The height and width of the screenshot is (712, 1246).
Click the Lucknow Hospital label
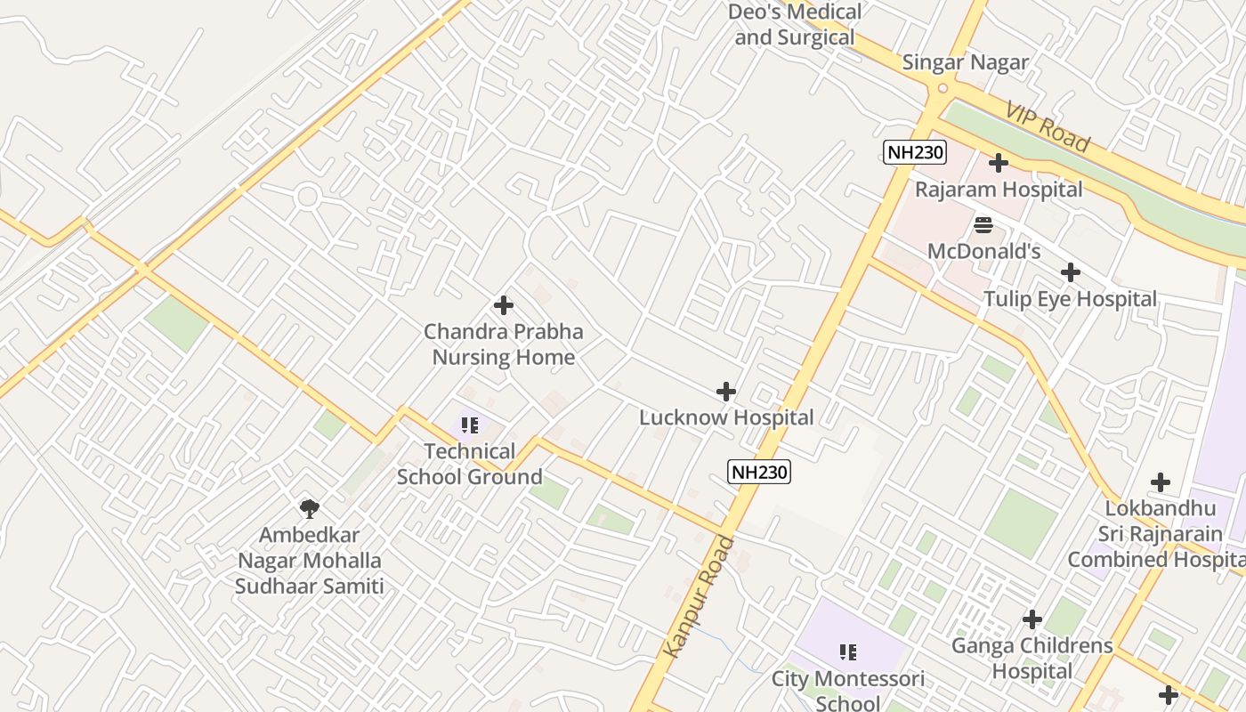pyautogui.click(x=726, y=417)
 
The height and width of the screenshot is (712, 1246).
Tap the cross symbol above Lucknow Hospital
pyautogui.click(x=726, y=391)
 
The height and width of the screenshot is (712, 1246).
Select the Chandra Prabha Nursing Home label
pyautogui.click(x=504, y=344)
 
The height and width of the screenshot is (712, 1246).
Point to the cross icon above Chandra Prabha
pyautogui.click(x=504, y=305)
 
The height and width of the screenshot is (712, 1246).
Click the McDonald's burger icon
pyautogui.click(x=983, y=224)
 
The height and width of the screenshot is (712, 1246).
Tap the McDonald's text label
pyautogui.click(x=983, y=251)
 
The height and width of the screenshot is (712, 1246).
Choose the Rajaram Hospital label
pyautogui.click(x=999, y=190)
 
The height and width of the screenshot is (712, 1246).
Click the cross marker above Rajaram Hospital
pyautogui.click(x=999, y=163)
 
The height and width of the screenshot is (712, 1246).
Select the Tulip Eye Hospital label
pyautogui.click(x=1070, y=299)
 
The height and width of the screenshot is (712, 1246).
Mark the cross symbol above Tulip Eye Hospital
pyautogui.click(x=1071, y=272)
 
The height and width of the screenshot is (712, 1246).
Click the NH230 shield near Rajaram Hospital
pyautogui.click(x=915, y=152)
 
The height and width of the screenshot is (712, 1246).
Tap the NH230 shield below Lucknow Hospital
pyautogui.click(x=759, y=472)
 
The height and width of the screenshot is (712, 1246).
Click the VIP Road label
pyautogui.click(x=1048, y=126)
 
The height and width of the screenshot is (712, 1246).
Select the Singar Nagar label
pyautogui.click(x=965, y=62)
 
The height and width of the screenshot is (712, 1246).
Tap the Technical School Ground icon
pyautogui.click(x=470, y=425)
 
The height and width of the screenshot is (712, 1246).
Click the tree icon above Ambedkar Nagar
pyautogui.click(x=310, y=508)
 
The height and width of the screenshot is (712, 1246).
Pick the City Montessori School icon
pyautogui.click(x=848, y=652)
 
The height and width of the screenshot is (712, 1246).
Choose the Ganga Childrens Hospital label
pyautogui.click(x=1032, y=658)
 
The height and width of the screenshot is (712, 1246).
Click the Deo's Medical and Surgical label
pyautogui.click(x=794, y=25)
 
